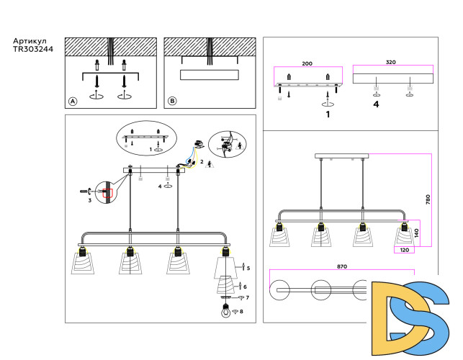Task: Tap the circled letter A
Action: tap(73, 102)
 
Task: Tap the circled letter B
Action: tap(172, 102)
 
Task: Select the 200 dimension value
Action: tap(307, 64)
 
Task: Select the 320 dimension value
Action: tap(391, 63)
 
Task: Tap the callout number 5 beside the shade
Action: tap(248, 268)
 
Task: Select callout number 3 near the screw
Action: tap(89, 201)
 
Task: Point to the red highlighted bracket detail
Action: tap(107, 193)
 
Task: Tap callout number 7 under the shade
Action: tap(246, 297)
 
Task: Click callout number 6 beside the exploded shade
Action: tap(245, 286)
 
